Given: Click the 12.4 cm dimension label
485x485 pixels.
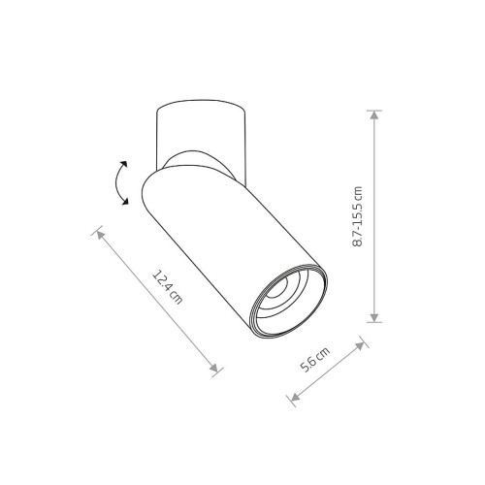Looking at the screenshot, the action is coord(168,287).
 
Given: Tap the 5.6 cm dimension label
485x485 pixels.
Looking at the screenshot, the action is coord(315,360).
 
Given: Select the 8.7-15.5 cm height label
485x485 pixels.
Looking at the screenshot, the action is coord(357,216).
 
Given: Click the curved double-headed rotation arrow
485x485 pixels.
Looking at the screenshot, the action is coord(120,182).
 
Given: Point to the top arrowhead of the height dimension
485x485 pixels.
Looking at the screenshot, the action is coord(374,115).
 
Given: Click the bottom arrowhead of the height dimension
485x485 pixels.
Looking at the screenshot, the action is coord(374,317).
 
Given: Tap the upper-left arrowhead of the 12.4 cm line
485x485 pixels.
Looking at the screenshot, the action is coord(101,235).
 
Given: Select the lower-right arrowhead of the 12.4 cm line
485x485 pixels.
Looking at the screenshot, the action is coord(214,368).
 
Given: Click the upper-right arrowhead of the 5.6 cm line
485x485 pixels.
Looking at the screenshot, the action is coord(360,346).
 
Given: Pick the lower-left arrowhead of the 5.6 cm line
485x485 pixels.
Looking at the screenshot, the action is coord(295,397).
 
